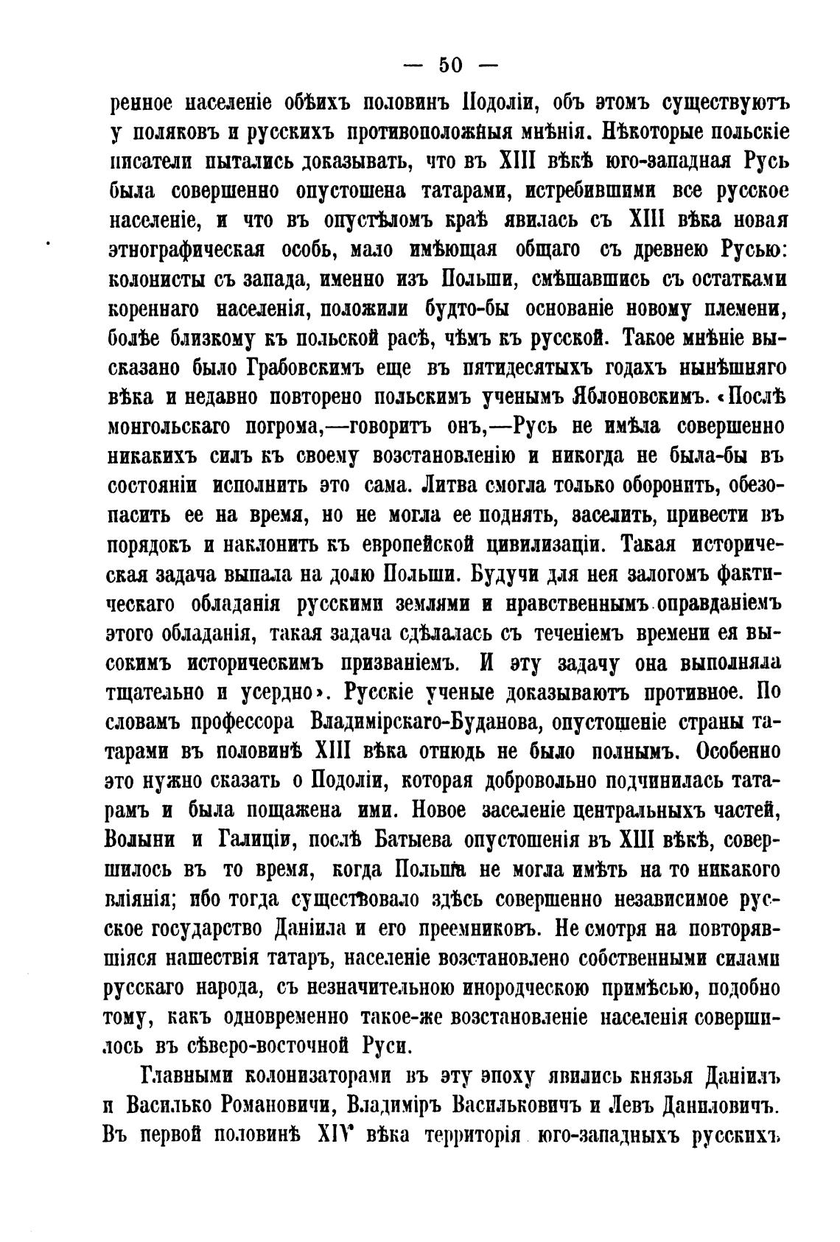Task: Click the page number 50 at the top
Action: [x=450, y=66]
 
